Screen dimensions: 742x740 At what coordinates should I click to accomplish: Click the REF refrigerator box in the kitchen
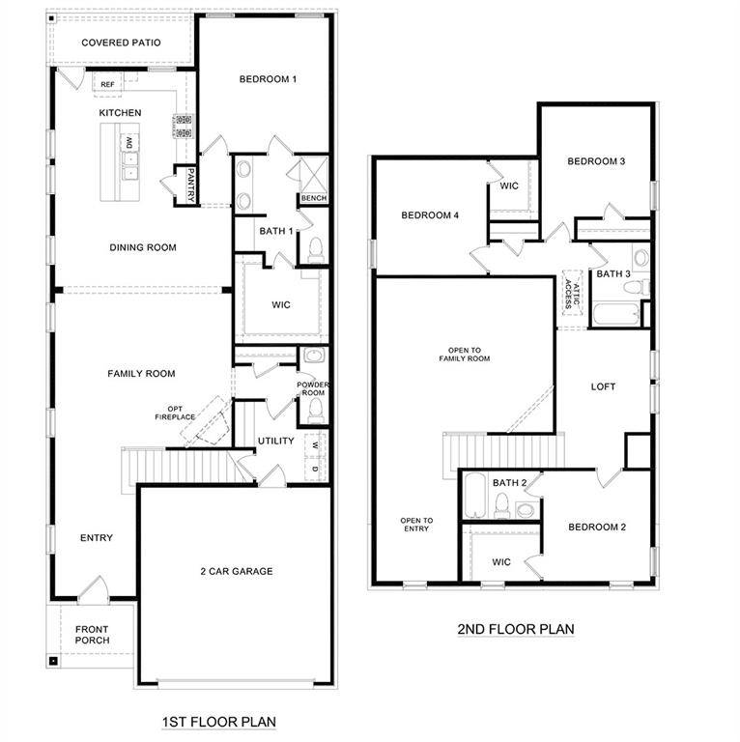click(107, 84)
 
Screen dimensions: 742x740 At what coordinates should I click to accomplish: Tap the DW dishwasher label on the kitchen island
click(128, 144)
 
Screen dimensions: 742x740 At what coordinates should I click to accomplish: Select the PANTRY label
click(191, 185)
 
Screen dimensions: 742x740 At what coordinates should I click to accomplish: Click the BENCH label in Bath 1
click(313, 198)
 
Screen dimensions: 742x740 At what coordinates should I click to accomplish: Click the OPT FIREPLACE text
click(176, 413)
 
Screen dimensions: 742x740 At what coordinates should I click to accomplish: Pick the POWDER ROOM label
click(312, 388)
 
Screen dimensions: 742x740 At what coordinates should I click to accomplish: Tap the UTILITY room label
click(275, 442)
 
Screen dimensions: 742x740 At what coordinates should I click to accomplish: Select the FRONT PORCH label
click(93, 635)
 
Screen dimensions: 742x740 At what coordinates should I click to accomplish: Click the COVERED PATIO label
click(121, 43)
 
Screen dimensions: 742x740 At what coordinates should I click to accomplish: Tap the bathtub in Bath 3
click(615, 315)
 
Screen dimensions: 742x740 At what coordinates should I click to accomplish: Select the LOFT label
click(603, 386)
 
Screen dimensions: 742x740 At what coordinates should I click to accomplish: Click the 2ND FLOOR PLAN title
click(515, 629)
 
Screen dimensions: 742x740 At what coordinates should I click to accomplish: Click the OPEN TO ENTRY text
click(416, 525)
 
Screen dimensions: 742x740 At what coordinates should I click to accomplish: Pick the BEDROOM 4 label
click(430, 214)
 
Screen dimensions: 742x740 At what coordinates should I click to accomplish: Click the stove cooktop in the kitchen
click(183, 127)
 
